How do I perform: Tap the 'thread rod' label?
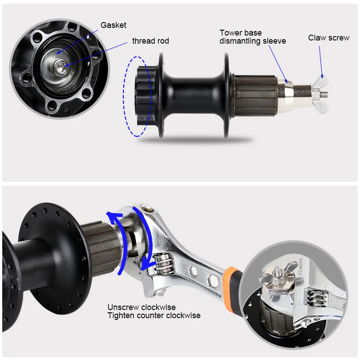(x=150, y=41)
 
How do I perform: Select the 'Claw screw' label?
(x=328, y=38)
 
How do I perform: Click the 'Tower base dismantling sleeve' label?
(x=252, y=37)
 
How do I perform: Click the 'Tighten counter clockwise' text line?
(x=154, y=315)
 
